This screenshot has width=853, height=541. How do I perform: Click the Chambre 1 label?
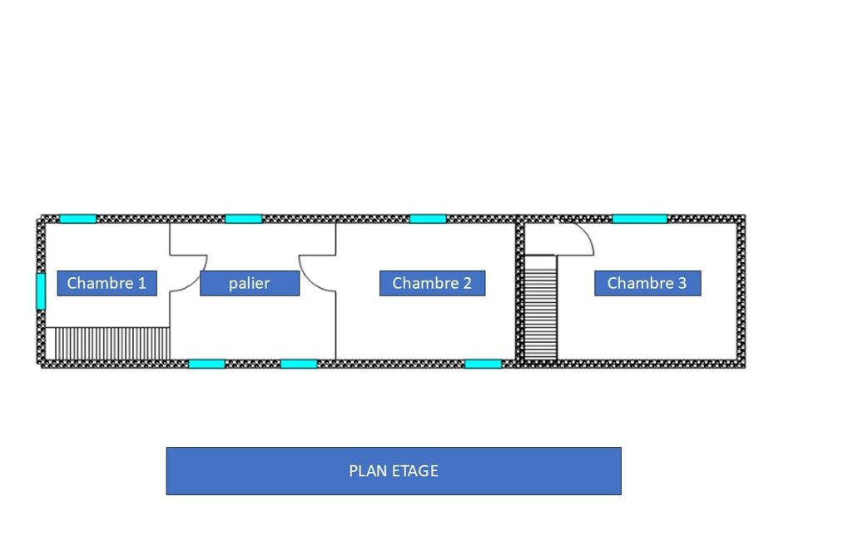pyautogui.click(x=107, y=283)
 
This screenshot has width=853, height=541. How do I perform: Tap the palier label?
pyautogui.click(x=250, y=283)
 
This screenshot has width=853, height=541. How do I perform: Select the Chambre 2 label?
pyautogui.click(x=433, y=283)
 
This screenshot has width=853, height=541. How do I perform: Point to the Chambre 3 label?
pyautogui.click(x=647, y=283)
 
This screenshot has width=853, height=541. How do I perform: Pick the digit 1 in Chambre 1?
pyautogui.click(x=142, y=283)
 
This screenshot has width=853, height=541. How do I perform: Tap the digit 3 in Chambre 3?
pyautogui.click(x=682, y=283)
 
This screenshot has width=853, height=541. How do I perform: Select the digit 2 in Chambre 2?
pyautogui.click(x=467, y=283)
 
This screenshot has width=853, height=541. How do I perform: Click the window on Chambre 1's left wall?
pyautogui.click(x=41, y=290)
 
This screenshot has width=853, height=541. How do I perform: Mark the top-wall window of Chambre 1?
pyautogui.click(x=77, y=219)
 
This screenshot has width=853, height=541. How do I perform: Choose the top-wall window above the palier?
pyautogui.click(x=244, y=219)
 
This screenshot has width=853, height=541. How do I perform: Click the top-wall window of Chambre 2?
pyautogui.click(x=428, y=219)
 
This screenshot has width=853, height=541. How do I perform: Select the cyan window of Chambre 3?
pyautogui.click(x=640, y=219)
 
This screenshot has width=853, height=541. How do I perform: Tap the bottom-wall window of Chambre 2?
pyautogui.click(x=483, y=364)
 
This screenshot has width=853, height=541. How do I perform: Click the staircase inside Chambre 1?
pyautogui.click(x=107, y=344)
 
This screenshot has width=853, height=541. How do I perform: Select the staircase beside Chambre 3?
pyautogui.click(x=541, y=307)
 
